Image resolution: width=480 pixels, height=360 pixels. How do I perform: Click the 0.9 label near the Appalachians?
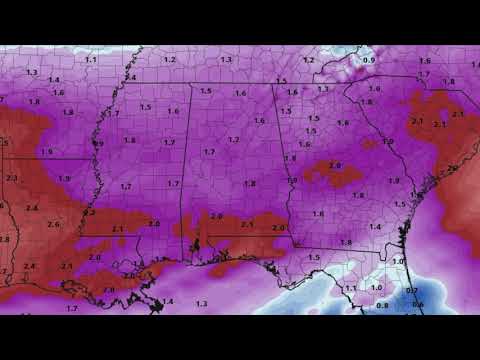(369, 61)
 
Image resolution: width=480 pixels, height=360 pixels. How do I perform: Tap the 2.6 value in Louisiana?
(54, 224)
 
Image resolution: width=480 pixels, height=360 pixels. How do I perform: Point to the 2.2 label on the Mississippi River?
(88, 212)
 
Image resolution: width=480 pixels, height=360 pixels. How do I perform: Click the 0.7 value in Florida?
(411, 291)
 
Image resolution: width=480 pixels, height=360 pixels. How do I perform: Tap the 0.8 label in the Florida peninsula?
(383, 305)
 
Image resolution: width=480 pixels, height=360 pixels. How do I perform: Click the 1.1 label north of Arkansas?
(91, 60)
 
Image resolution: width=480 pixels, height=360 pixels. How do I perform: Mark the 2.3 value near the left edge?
(11, 177)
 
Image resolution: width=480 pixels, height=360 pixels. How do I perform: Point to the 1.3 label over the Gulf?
(201, 302)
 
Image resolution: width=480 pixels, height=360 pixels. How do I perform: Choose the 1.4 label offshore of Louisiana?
(168, 301)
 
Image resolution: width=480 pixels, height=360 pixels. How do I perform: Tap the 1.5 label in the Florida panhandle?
(314, 257)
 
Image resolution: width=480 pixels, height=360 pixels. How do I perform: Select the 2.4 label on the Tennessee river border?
(130, 77)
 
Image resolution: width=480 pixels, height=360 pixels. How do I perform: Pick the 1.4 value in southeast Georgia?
(375, 227)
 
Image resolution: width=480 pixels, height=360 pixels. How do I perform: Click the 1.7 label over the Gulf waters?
(72, 308)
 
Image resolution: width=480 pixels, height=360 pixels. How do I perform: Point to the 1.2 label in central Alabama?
(233, 139)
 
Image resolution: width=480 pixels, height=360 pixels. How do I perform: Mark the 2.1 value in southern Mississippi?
(118, 229)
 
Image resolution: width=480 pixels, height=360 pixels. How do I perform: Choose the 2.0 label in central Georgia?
(335, 165)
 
